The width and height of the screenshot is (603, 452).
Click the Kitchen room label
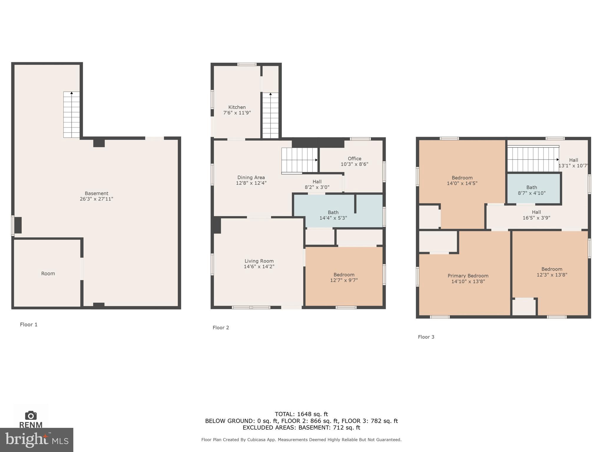click(237, 107)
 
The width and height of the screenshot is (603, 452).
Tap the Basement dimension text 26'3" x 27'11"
click(96, 199)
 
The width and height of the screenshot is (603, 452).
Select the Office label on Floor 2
click(354, 159)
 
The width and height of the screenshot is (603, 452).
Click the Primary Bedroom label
click(468, 276)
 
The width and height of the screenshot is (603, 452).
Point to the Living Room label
click(259, 261)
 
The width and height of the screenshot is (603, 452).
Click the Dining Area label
click(251, 178)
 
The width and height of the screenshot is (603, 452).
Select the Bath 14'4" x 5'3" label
click(333, 215)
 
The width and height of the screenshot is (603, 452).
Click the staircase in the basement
click(72, 115)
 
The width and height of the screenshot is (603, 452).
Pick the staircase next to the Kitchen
click(270, 115)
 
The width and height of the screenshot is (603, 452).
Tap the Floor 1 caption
click(29, 324)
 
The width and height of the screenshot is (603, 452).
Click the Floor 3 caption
click(426, 337)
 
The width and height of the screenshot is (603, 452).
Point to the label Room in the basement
click(48, 274)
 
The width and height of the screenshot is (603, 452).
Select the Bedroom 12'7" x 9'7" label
click(344, 277)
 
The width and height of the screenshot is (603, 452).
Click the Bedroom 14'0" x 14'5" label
click(462, 181)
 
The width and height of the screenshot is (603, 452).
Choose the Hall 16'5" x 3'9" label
click(536, 215)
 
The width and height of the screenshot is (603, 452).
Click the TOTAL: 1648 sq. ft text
click(301, 414)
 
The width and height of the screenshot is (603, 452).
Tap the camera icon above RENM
click(31, 415)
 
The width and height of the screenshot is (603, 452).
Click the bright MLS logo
click(37, 440)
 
